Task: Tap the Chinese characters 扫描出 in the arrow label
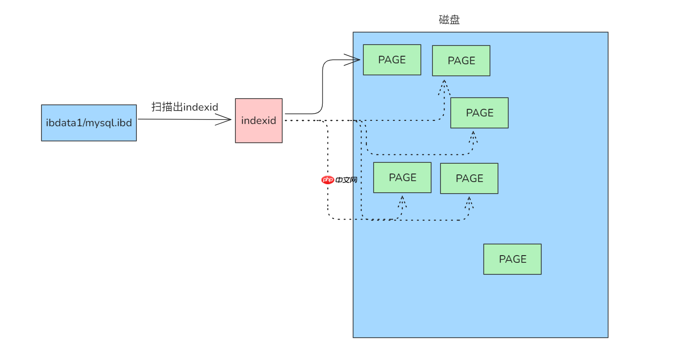[167, 107]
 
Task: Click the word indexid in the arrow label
[201, 108]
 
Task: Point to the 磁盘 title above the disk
[449, 20]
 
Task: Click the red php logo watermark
[328, 180]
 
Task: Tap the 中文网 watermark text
[346, 180]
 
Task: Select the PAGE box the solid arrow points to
[392, 60]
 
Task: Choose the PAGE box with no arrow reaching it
[512, 259]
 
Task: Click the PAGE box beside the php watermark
[402, 178]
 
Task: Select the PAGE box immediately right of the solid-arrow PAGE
[461, 61]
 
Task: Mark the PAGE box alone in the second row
[479, 113]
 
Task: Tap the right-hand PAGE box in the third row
[469, 178]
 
